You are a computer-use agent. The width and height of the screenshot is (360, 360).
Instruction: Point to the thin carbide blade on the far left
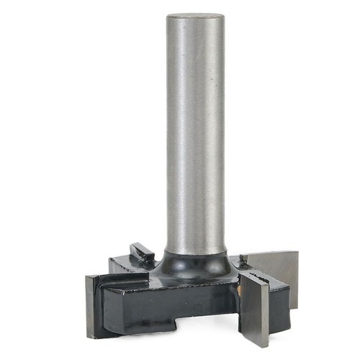click(91, 306)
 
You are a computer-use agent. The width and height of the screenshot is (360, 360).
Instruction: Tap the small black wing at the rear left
click(142, 253)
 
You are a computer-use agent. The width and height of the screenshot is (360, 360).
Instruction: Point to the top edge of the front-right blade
click(253, 274)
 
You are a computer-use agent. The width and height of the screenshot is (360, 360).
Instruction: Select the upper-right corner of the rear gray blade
click(296, 252)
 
